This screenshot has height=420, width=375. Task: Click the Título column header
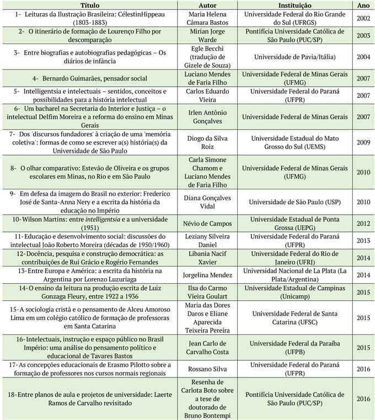(x=90, y=4)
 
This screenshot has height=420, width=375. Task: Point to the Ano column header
(x=363, y=4)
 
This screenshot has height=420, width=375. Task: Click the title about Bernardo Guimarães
(x=90, y=78)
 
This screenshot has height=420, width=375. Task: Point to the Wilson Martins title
(x=90, y=224)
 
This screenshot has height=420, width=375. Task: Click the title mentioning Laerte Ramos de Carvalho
(x=90, y=399)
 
